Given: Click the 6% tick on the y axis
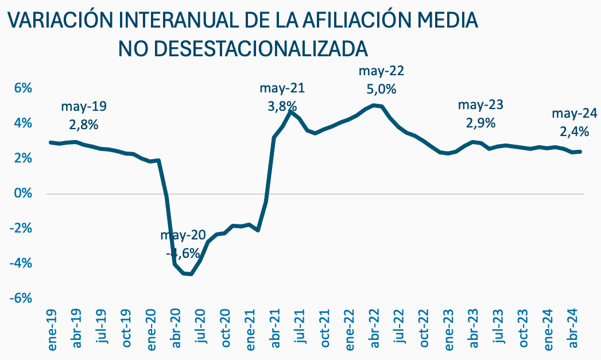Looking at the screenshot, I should tap(22, 88).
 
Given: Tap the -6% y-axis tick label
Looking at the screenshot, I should tap(21, 298).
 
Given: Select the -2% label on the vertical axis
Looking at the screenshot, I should tap(21, 228).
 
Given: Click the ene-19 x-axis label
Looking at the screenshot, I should tap(52, 335).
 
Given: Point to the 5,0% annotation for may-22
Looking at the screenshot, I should tap(381, 90).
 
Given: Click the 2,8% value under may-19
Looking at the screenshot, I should tap(84, 124).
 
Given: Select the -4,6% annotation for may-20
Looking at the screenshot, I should tap(183, 253).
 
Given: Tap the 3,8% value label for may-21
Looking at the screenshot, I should tap(282, 106).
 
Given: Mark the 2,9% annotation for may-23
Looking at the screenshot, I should tap(480, 122).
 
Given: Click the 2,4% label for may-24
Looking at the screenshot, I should tap(575, 131).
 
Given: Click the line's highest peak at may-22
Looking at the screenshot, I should tap(374, 104).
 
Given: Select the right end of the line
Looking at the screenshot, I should tap(581, 152).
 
